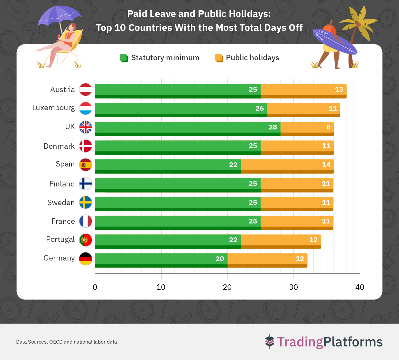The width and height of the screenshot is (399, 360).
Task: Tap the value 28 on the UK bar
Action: [273, 127]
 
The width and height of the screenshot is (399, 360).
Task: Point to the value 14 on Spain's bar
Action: [326, 165]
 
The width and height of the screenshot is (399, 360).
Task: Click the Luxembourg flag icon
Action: [86, 108]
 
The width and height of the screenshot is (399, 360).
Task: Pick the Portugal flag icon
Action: [86, 240]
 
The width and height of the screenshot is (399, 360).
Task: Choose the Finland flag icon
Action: [86, 184]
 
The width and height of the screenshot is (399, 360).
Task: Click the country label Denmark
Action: [59, 146]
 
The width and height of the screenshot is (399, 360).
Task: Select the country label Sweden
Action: [61, 203]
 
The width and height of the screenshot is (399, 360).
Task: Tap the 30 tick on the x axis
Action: [293, 287]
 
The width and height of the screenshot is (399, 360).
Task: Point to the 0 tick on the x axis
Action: [95, 287]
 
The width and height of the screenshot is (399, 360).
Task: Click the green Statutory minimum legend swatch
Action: [124, 58]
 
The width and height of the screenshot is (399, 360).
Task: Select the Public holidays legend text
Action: [252, 58]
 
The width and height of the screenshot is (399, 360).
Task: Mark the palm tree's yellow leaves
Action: [359, 21]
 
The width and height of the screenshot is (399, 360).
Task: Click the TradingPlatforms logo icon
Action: [269, 342]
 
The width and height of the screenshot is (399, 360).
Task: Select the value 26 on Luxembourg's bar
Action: [259, 109]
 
